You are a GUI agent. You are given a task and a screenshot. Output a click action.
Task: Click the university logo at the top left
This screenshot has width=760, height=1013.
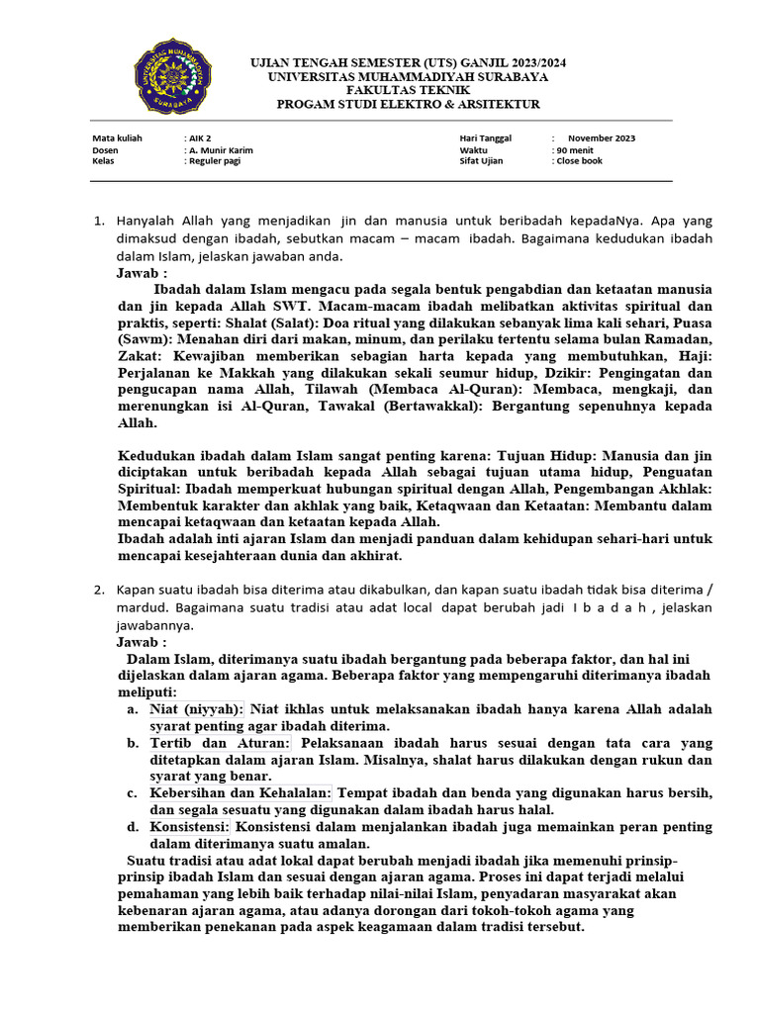pyautogui.click(x=173, y=75)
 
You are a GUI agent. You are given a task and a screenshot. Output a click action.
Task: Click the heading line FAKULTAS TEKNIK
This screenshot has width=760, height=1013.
pyautogui.click(x=408, y=90)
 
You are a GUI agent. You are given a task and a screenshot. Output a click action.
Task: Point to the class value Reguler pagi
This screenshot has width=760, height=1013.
pyautogui.click(x=214, y=161)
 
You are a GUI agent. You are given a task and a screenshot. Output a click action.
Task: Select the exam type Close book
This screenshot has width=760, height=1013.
pyautogui.click(x=579, y=161)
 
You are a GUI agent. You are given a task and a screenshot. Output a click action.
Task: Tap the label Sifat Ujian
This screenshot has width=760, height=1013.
pyautogui.click(x=483, y=161)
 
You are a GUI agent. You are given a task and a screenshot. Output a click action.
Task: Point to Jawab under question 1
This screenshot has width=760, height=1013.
pyautogui.click(x=142, y=273)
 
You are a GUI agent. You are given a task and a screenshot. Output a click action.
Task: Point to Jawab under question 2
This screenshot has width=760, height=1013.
pyautogui.click(x=142, y=642)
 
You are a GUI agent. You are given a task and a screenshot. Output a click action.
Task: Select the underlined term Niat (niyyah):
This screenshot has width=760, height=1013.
pyautogui.click(x=197, y=709)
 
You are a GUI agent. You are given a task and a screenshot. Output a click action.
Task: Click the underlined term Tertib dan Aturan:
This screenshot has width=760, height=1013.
pyautogui.click(x=221, y=743)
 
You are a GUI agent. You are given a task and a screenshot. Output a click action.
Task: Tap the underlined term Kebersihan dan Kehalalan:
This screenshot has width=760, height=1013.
pyautogui.click(x=242, y=793)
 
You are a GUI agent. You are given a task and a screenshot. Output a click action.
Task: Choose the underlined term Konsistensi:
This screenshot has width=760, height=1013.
pyautogui.click(x=190, y=827)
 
